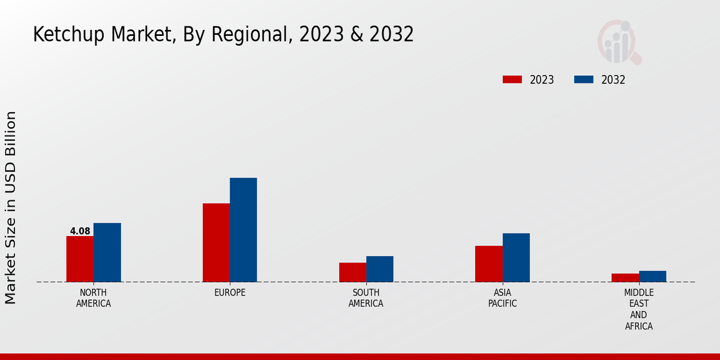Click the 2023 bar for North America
point(80,259)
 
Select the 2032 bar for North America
point(107,252)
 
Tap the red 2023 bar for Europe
point(216,242)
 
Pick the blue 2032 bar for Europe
point(243,230)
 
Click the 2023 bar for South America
point(352,272)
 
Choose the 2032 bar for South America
point(380,269)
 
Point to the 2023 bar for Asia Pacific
point(488,263)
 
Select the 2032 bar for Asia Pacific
point(516,257)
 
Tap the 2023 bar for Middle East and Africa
point(625,277)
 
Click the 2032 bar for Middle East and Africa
point(652,276)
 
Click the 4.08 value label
point(80,231)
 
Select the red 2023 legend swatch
point(512,80)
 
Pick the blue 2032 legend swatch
point(584,80)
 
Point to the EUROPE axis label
point(230,293)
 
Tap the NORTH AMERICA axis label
point(93,298)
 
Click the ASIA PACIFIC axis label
point(502,298)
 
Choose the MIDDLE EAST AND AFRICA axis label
point(638,310)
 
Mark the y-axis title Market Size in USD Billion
point(11,207)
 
